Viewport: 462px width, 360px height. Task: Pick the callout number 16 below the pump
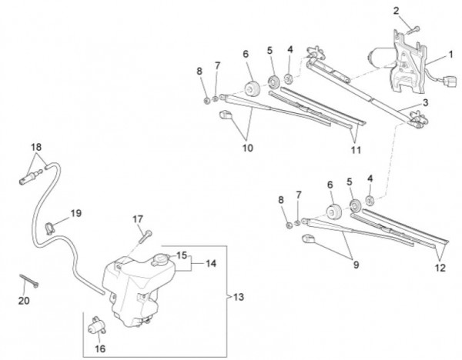pyautogui.click(x=100, y=348)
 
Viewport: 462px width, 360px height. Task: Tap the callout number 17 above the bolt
pyautogui.click(x=139, y=220)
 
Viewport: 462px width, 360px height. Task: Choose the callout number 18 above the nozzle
pyautogui.click(x=35, y=147)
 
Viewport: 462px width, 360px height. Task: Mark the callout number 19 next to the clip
pyautogui.click(x=75, y=212)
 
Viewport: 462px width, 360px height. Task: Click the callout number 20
pyautogui.click(x=23, y=301)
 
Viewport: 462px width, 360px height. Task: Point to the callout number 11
pyautogui.click(x=355, y=149)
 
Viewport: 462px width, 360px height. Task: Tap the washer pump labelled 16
pyautogui.click(x=98, y=328)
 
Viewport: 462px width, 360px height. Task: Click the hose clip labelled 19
pyautogui.click(x=53, y=226)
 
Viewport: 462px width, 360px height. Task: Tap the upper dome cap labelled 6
pyautogui.click(x=251, y=84)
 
